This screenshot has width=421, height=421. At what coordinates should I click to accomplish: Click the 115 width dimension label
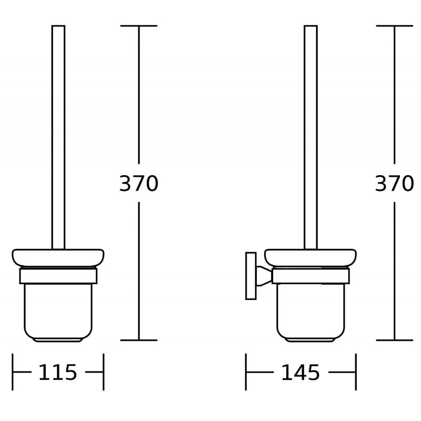click(58, 373)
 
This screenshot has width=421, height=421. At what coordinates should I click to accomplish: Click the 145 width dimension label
click(300, 373)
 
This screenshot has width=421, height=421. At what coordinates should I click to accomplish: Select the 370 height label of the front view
click(138, 184)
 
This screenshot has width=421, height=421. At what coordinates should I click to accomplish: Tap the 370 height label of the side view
click(394, 184)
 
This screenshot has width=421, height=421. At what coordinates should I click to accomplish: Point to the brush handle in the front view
click(58, 137)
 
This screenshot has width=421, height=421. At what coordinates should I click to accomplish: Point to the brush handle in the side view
click(310, 137)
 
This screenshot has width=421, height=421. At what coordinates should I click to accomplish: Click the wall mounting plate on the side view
click(251, 276)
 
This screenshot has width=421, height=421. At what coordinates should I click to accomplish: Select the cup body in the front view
click(58, 310)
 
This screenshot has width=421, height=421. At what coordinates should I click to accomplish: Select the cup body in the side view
click(310, 310)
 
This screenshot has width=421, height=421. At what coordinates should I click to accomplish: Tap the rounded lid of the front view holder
click(58, 257)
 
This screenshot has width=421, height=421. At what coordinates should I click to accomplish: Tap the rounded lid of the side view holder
click(310, 257)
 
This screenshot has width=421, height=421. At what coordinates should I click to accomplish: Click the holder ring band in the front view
click(58, 276)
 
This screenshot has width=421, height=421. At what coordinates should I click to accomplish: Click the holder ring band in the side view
click(310, 276)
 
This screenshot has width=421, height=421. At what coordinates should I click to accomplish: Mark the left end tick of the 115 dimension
click(13, 372)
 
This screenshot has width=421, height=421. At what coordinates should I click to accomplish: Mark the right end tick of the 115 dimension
click(103, 372)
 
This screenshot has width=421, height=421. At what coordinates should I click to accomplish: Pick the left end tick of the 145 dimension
click(246, 372)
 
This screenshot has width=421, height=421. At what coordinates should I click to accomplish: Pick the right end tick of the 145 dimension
click(356, 372)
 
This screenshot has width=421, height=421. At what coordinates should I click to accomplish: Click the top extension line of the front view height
click(139, 26)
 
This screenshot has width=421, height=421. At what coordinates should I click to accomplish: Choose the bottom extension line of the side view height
click(394, 340)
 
